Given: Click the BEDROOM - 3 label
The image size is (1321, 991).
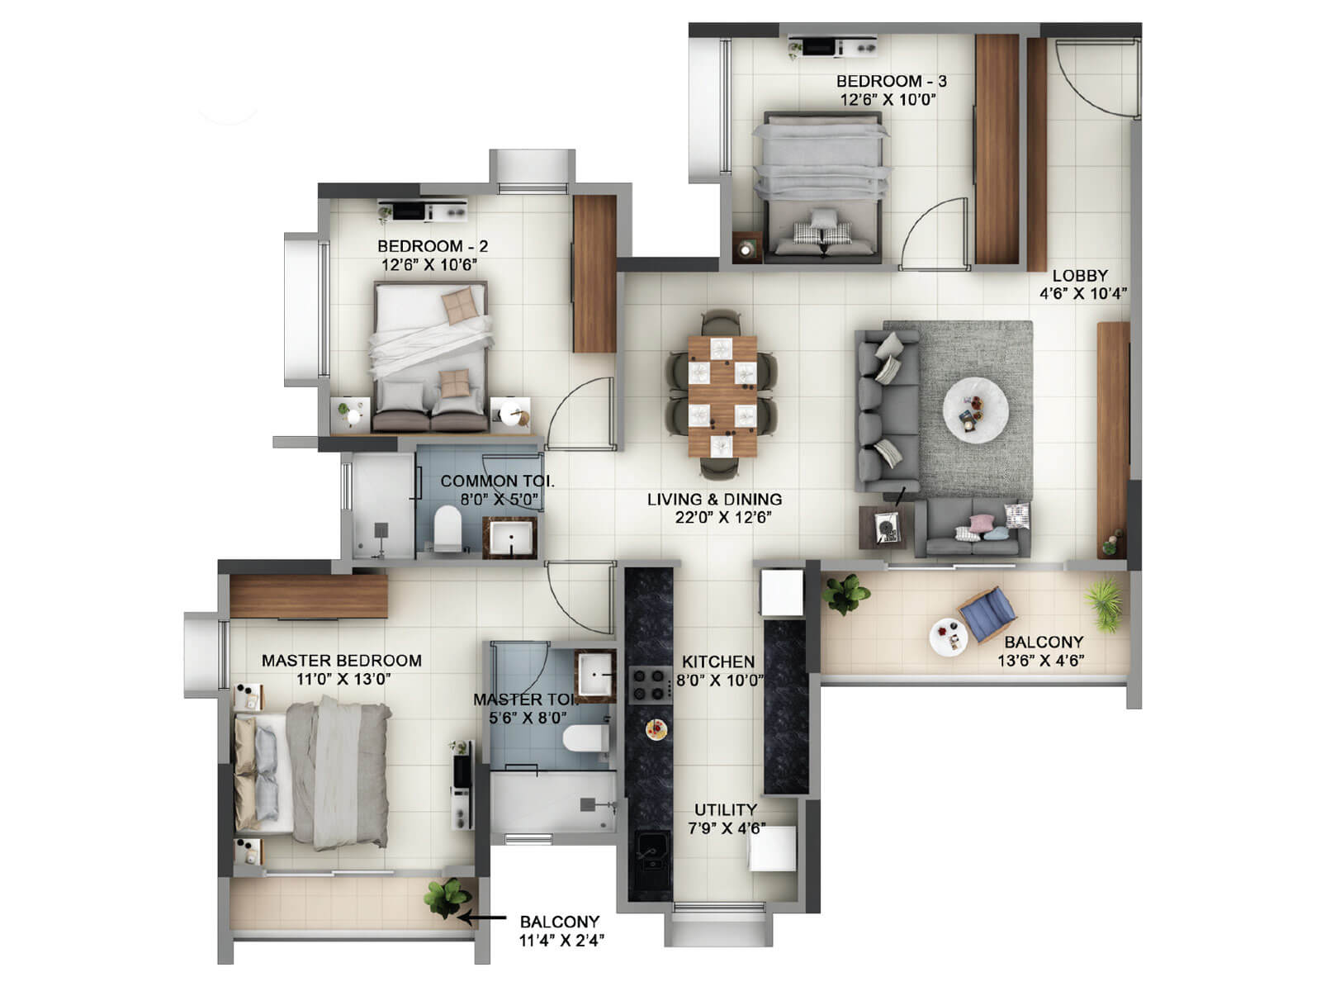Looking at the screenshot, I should point(891,81).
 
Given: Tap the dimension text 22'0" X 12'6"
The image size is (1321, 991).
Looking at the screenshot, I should point(722,518).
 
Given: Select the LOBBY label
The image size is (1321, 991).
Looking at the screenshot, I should point(1079,275).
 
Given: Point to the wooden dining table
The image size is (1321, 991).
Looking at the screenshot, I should point(722,396).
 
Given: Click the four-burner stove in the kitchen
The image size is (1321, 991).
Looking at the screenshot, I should point(650,685).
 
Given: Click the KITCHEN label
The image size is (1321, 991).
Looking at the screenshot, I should point(717,661).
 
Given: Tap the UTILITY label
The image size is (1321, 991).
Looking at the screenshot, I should point(725,809).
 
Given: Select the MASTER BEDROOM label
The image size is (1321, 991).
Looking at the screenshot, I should point(341,661).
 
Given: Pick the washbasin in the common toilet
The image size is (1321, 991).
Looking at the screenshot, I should point(510,539).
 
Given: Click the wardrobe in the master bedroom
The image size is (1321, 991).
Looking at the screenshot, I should point(308,596).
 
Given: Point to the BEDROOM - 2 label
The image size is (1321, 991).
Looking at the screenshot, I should point(433,246).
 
